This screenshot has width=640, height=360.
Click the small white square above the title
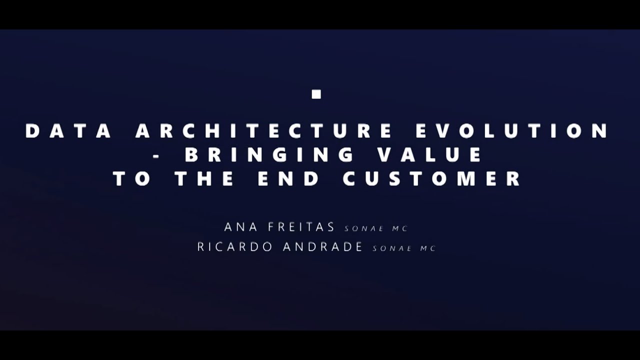click(x=316, y=94)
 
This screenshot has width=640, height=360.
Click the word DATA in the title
click(x=68, y=131)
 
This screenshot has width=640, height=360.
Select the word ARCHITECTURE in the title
click(x=263, y=131)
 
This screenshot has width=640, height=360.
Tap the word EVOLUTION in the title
click(x=512, y=131)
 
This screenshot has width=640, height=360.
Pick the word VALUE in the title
click(x=430, y=155)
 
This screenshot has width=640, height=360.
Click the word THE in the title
click(x=204, y=179)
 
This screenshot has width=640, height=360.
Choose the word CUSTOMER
click(x=432, y=179)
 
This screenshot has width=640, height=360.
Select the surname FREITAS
click(x=301, y=227)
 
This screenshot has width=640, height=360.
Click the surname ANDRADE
click(x=322, y=247)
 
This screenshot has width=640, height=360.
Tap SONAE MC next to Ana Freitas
click(x=376, y=228)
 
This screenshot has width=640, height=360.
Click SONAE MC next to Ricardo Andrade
click(x=404, y=248)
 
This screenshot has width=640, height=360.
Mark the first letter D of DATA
click(x=32, y=131)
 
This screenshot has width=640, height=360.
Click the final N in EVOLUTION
click(x=600, y=131)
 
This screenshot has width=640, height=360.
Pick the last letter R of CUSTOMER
click(x=514, y=179)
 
